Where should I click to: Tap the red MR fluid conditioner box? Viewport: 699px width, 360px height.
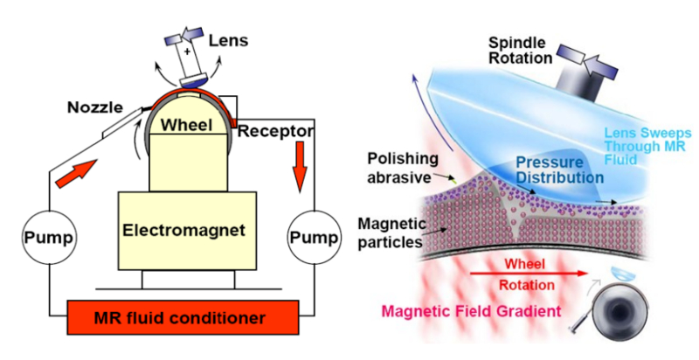(183, 317)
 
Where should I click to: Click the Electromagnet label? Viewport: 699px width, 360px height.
(184, 231)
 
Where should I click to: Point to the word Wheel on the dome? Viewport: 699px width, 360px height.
(186, 125)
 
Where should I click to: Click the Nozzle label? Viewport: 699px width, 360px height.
(95, 107)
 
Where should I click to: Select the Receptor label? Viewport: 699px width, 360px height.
(275, 131)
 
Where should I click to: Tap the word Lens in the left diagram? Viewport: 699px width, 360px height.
(228, 41)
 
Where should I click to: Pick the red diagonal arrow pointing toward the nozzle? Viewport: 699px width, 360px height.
(76, 173)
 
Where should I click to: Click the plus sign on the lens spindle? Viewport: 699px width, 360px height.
(187, 52)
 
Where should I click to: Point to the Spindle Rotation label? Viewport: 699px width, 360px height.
(520, 51)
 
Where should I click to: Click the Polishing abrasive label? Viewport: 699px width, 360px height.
(403, 168)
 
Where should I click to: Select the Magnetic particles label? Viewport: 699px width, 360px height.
(391, 232)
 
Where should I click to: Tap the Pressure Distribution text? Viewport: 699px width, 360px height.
(560, 170)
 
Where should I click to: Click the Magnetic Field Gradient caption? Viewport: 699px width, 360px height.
(472, 310)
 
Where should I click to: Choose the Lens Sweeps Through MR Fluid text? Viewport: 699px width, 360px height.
(647, 146)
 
